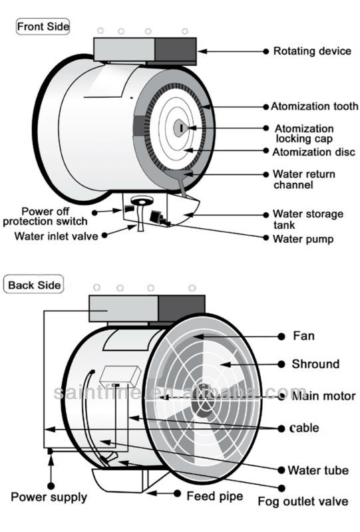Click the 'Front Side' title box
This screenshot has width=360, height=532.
click(x=43, y=27)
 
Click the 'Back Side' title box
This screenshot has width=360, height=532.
click(x=34, y=285)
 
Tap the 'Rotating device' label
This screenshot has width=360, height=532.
click(x=312, y=51)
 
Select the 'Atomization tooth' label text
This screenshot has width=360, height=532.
click(x=314, y=106)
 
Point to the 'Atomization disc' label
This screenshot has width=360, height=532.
click(x=314, y=152)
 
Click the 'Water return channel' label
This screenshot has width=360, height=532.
click(x=304, y=180)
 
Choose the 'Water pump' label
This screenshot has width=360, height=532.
click(x=303, y=239)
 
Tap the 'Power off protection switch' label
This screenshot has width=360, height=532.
click(x=45, y=217)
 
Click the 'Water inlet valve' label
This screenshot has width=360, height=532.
click(x=56, y=236)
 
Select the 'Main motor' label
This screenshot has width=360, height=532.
click(x=323, y=396)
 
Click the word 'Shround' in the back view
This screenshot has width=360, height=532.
click(x=315, y=364)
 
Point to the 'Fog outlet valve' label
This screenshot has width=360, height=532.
click(x=303, y=501)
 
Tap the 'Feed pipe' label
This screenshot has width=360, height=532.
click(x=215, y=496)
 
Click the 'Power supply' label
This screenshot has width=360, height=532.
click(x=49, y=497)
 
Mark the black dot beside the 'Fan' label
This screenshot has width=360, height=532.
click(x=281, y=336)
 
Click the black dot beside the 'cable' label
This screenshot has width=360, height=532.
click(x=281, y=429)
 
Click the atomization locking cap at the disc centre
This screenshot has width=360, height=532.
click(x=180, y=128)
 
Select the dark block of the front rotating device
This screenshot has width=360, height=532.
click(x=176, y=49)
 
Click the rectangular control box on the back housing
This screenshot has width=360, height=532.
click(x=120, y=376)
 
